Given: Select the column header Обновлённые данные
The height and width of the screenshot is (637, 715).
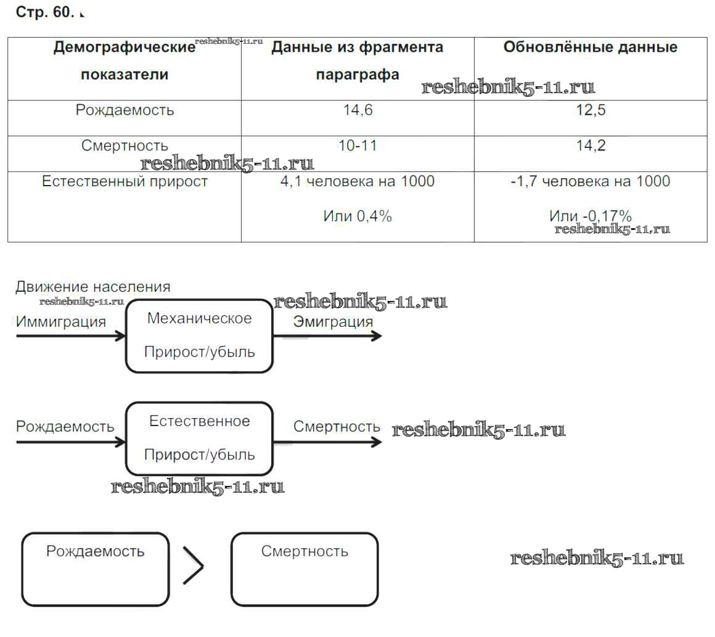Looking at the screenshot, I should point(590,47).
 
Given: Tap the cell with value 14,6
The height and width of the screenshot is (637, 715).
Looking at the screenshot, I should point(357,110).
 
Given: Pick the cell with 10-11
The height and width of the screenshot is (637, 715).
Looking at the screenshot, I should point(357,146).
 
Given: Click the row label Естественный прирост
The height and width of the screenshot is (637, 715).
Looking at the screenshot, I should point(125,181).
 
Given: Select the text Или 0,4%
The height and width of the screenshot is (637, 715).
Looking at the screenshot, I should point(357,216).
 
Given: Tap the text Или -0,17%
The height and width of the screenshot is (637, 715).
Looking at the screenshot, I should point(590,216).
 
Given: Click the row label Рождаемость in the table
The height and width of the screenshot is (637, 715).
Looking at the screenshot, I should point(125,110).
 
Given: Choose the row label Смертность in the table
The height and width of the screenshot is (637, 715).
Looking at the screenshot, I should point(125,146).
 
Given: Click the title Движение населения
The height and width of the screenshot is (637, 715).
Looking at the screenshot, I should point(93,287).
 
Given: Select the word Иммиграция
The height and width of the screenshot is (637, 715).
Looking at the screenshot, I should point(61,322).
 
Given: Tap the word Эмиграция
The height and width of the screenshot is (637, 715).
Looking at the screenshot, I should point(333,322).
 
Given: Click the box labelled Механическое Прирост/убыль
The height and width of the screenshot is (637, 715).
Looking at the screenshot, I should point(199,336).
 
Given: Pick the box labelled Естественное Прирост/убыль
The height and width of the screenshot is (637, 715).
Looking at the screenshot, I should point(199,438).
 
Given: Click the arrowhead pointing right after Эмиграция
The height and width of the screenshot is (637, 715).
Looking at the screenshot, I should point(375,336).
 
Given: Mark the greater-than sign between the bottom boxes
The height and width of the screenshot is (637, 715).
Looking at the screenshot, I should point(193,565).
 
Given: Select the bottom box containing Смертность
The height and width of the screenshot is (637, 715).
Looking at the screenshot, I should point(304,569).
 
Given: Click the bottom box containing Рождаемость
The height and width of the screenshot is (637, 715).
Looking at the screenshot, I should point(96,569).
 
